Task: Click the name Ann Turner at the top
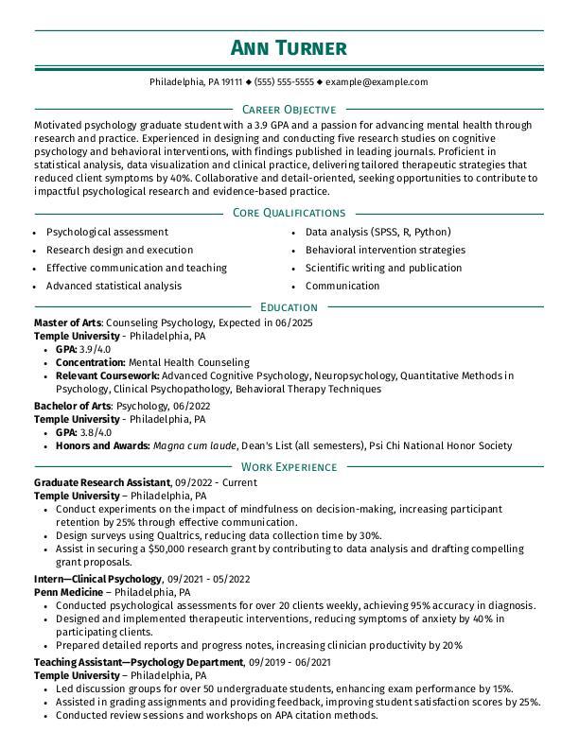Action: point(289,48)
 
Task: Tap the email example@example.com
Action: point(377,82)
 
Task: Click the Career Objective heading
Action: point(289,110)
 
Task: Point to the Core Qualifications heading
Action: point(289,213)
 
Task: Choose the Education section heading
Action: point(289,306)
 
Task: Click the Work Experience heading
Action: point(289,466)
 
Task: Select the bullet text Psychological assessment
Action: point(107,232)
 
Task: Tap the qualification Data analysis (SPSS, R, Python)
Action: point(377,232)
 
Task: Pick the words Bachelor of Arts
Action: point(72,406)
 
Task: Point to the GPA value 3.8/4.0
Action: point(96,432)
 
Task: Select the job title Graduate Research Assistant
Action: point(101,482)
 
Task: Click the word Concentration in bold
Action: point(90,362)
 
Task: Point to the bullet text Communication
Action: point(342,286)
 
